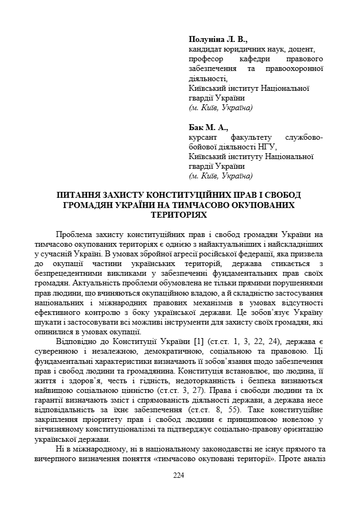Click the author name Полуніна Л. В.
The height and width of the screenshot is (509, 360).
pyautogui.click(x=218, y=40)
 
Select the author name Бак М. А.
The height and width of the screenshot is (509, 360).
pyautogui.click(x=208, y=128)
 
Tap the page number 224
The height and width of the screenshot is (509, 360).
pyautogui.click(x=179, y=475)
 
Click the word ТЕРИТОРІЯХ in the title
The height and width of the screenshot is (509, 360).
pyautogui.click(x=179, y=214)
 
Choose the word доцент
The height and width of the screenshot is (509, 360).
pyautogui.click(x=308, y=49)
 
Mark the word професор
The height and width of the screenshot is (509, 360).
pyautogui.click(x=207, y=59)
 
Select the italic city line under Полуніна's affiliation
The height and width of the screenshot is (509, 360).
pyautogui.click(x=220, y=107)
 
